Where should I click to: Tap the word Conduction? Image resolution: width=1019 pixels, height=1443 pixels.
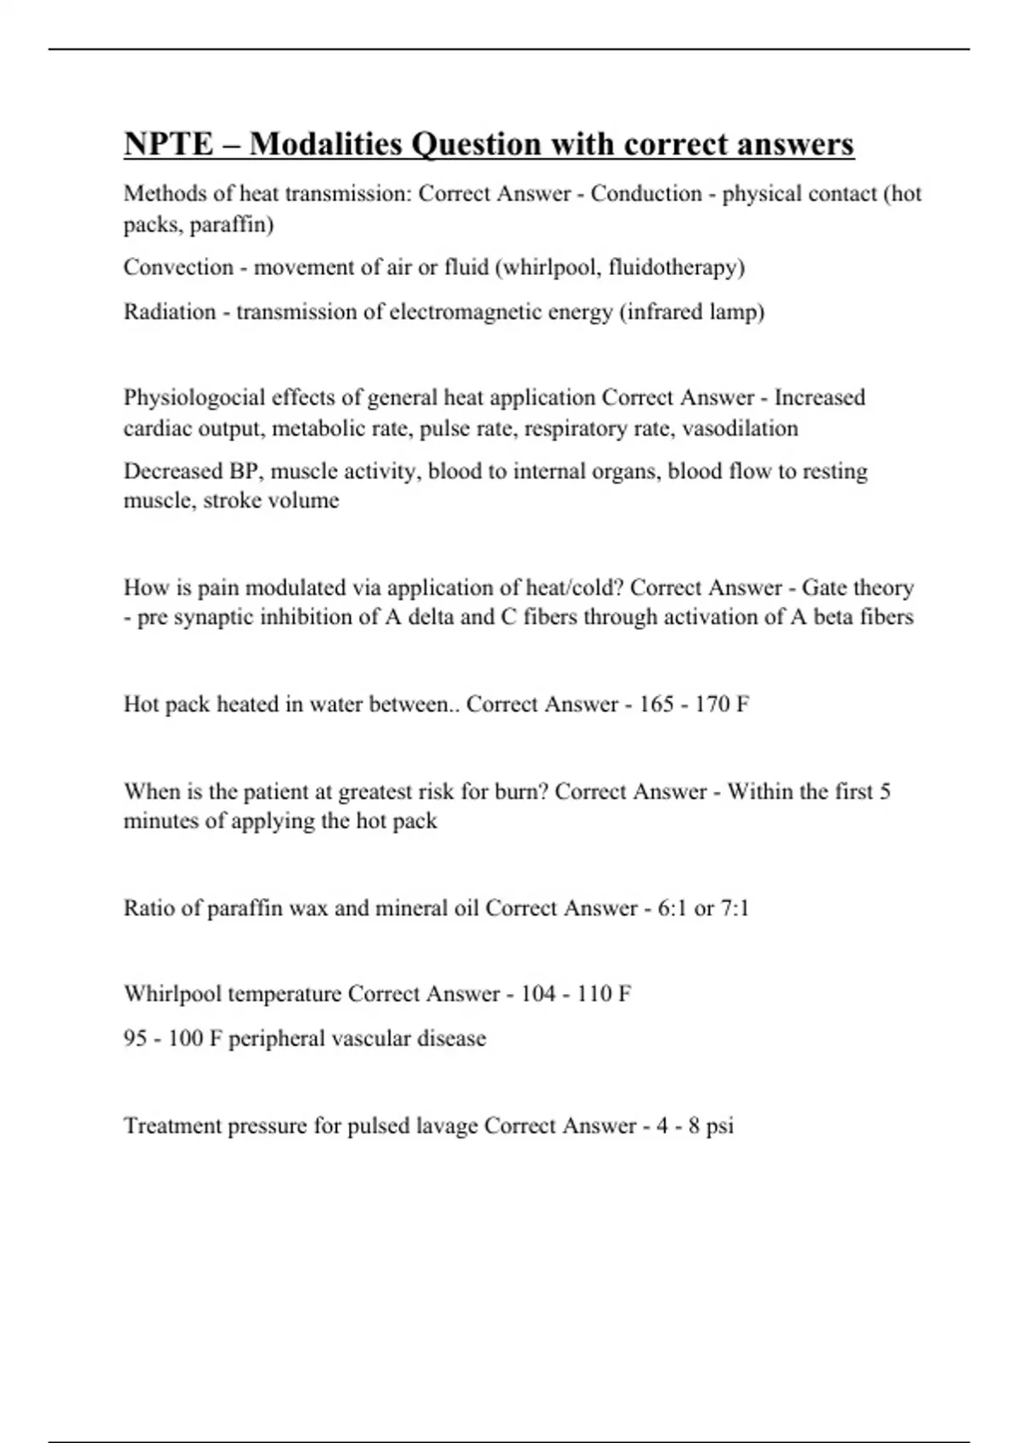(x=646, y=194)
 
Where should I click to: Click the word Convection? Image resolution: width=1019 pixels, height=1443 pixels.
(x=178, y=267)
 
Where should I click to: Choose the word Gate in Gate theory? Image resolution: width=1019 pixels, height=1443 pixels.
(x=824, y=588)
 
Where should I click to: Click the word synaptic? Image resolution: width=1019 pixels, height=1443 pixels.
(x=213, y=617)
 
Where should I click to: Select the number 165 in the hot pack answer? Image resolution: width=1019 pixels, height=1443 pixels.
(x=656, y=705)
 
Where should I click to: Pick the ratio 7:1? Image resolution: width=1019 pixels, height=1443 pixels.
(x=734, y=909)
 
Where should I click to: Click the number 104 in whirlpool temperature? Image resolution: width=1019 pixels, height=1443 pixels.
(x=538, y=994)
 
